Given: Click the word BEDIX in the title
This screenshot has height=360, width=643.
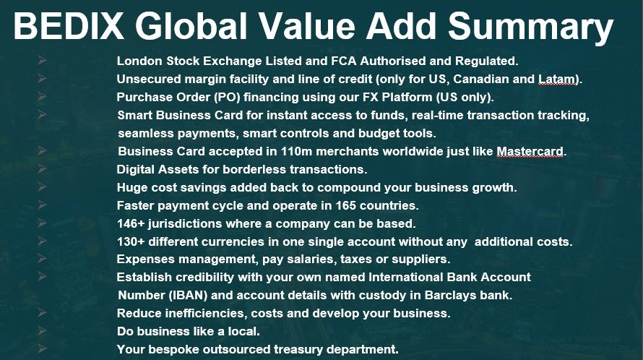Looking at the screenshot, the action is coord(69,25).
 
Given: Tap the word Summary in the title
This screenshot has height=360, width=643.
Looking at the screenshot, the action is coord(530,27).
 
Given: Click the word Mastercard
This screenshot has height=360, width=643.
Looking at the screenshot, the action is coord(530,152).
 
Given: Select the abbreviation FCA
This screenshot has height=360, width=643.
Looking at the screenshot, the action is coord(344,61).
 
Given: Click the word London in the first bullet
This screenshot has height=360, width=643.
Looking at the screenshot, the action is coord(140,61).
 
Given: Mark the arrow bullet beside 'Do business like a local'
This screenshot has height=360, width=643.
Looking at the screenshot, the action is coord(41,330).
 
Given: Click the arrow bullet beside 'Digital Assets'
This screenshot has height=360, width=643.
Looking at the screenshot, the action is coord(41,168).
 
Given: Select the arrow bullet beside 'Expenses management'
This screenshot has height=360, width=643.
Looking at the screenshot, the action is coord(41,258).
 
